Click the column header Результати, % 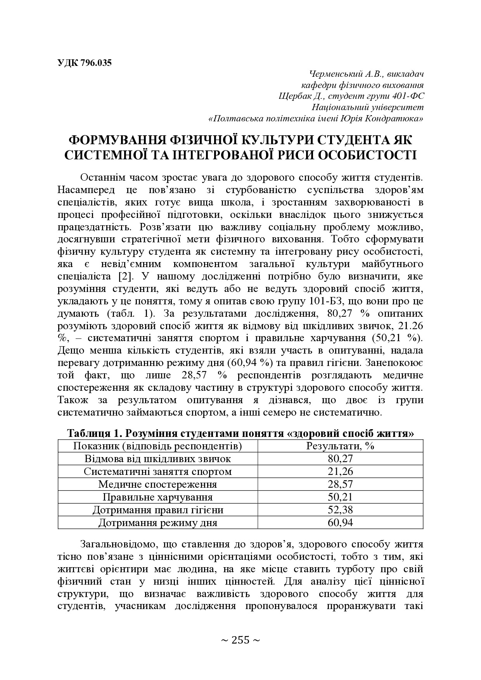[340, 446]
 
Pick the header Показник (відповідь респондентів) [157, 446]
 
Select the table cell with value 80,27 [340, 459]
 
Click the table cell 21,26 [340, 471]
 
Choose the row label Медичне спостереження [157, 484]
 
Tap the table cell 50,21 [340, 497]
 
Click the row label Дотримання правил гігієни [157, 510]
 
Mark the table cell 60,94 [340, 523]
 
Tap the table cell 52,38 [340, 510]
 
